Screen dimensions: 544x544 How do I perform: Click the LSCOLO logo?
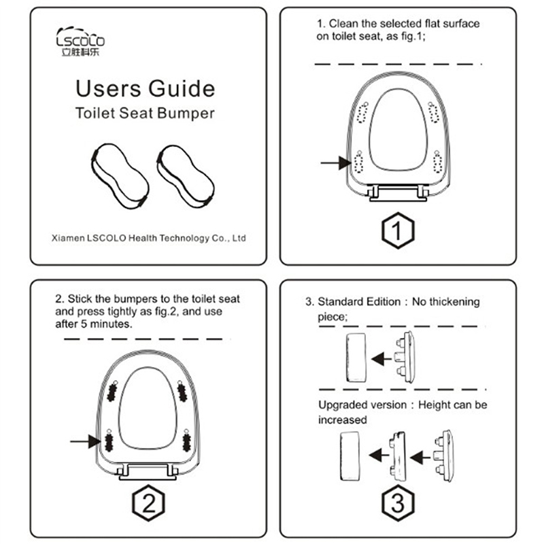coord(80,41)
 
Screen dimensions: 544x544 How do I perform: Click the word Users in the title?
coord(108,88)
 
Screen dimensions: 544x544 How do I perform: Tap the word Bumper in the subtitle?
coord(186,114)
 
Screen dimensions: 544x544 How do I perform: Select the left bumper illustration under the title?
coord(120,176)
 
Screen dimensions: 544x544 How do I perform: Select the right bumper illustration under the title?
coord(186,176)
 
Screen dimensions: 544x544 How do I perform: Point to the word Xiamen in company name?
coord(68,238)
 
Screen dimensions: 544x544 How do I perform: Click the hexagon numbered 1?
coord(398,231)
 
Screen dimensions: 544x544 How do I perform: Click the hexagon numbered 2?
coord(148,503)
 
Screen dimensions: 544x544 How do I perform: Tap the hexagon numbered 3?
coord(398,503)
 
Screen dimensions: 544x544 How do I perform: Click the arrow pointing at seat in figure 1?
coord(335,163)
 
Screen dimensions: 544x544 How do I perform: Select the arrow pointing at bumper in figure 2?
coord(86,441)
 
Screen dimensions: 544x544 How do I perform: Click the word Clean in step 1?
coord(343,24)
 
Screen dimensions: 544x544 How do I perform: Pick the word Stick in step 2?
coord(80,299)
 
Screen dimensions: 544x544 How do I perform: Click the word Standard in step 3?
coord(341,301)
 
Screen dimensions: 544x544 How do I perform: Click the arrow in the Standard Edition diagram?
coord(381,359)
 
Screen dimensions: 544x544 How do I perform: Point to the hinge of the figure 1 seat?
coord(398,193)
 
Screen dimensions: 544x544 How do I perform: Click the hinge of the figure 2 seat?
coord(148,471)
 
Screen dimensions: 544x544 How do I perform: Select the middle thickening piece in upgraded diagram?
coord(398,456)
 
